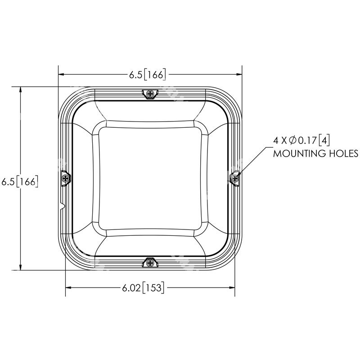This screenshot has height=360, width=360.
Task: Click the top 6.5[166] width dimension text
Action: (x=148, y=75)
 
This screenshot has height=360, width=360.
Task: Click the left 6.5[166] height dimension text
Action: (x=19, y=182)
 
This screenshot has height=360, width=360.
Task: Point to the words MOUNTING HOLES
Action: (x=315, y=153)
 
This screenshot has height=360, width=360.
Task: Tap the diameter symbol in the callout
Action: (x=295, y=140)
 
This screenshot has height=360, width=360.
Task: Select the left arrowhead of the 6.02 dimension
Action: (x=69, y=288)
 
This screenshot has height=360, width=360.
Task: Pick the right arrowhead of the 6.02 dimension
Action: (x=232, y=288)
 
